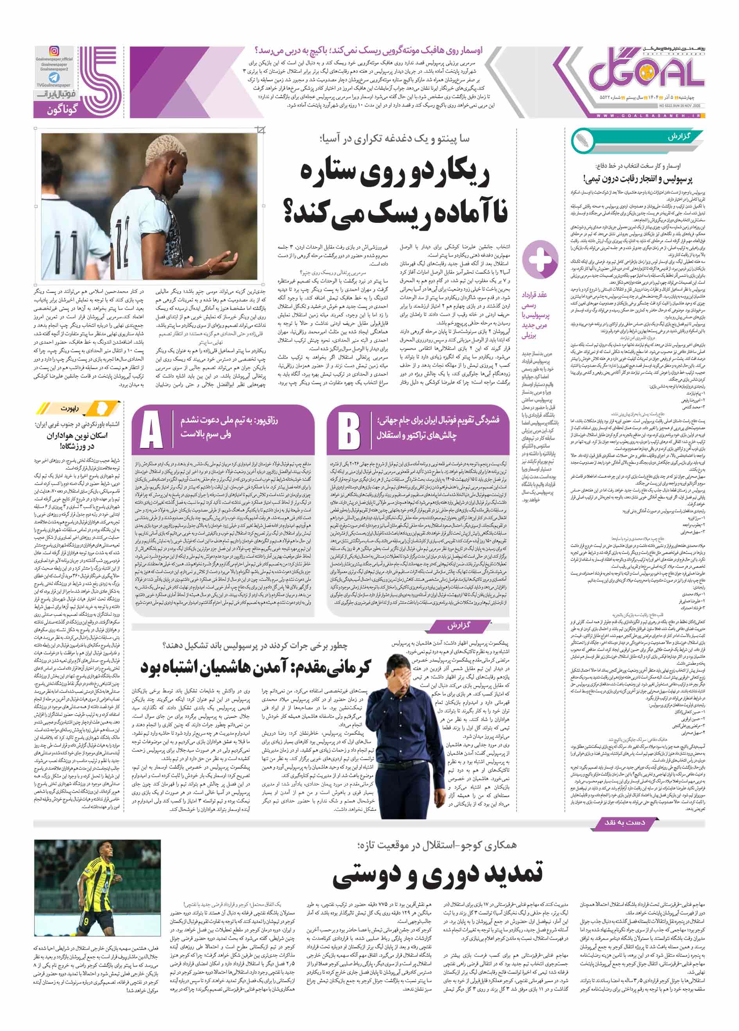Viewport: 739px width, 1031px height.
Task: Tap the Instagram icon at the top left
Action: pyautogui.click(x=54, y=51)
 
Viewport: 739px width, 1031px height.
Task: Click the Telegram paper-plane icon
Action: pyautogui.click(x=54, y=77)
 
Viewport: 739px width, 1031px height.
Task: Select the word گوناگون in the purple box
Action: pyautogui.click(x=62, y=109)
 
